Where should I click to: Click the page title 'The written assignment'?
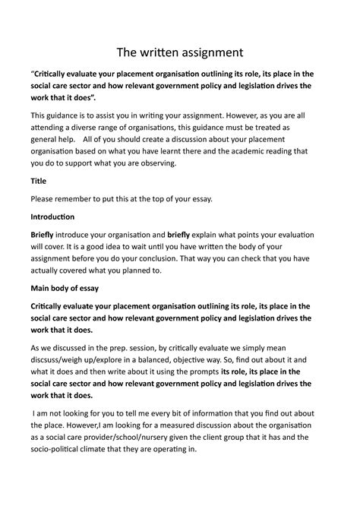tap(179, 52)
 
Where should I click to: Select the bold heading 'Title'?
tap(38, 182)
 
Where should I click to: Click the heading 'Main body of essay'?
tap(65, 289)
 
